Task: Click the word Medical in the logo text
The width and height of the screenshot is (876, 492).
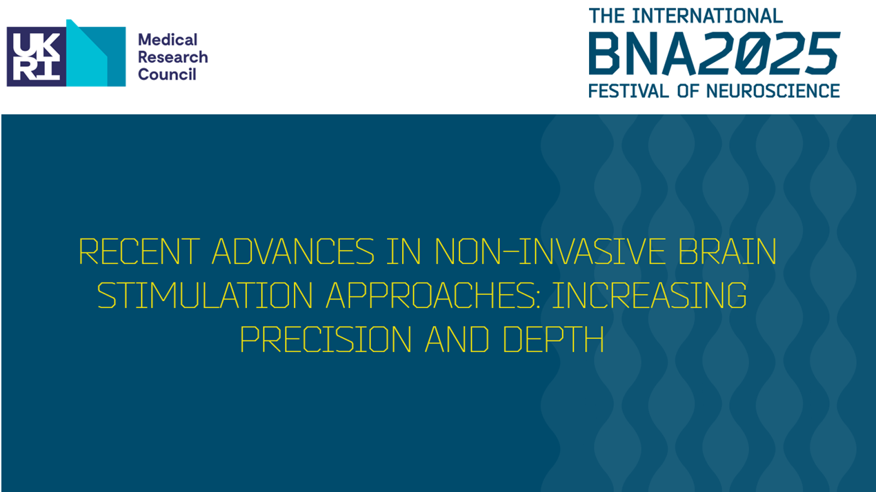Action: click(168, 40)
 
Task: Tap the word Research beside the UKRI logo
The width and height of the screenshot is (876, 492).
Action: click(172, 57)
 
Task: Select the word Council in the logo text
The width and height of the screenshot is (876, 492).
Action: click(167, 74)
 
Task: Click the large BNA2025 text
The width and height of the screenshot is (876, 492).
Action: click(713, 54)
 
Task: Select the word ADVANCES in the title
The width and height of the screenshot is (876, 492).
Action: click(293, 252)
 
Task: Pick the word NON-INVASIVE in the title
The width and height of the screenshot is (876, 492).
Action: click(553, 252)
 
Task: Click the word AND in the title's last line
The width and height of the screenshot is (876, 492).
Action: click(448, 339)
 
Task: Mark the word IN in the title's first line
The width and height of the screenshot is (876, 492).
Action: click(404, 252)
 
